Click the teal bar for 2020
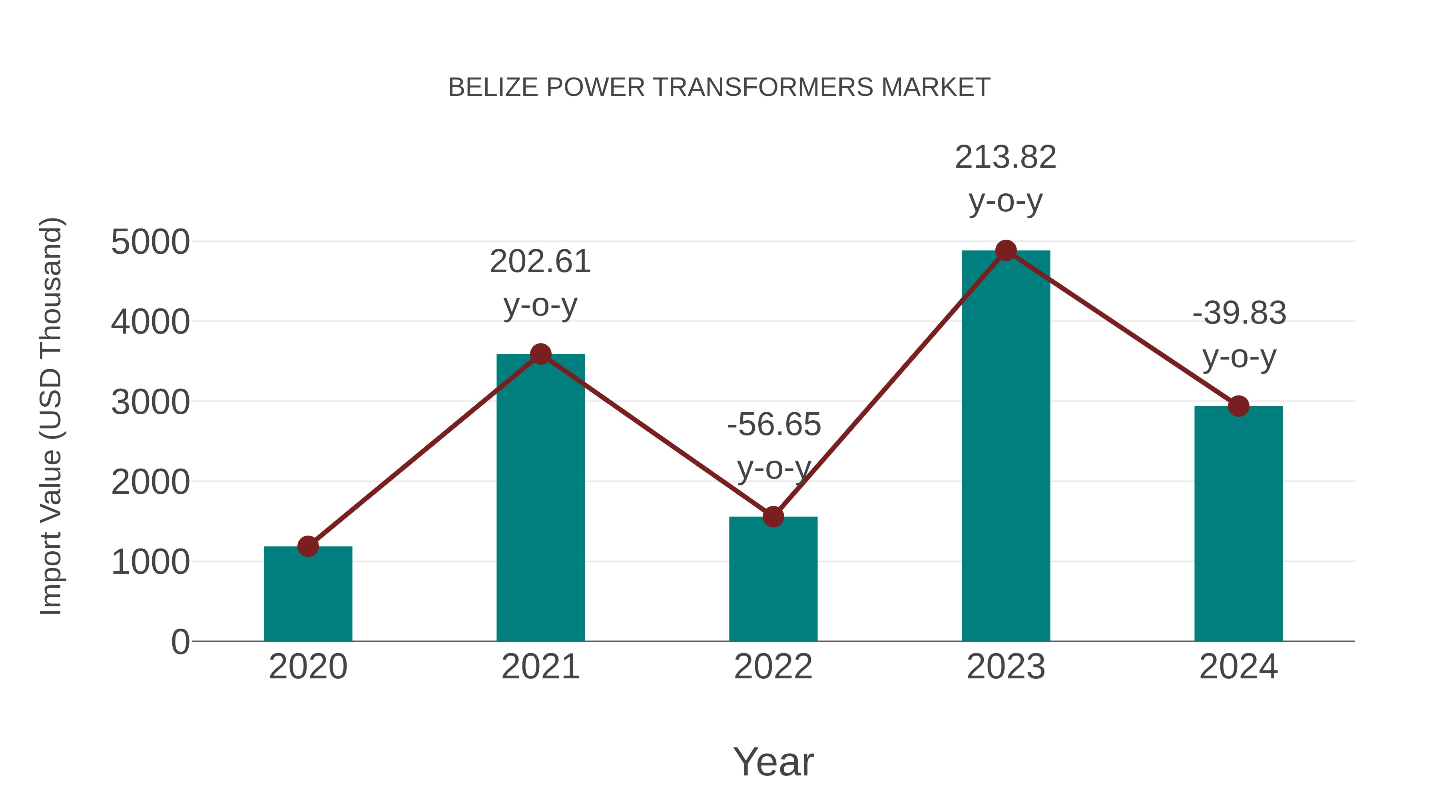pos(308,594)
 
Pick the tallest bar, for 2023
pos(1006,447)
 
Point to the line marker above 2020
pos(308,546)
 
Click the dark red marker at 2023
pos(1006,250)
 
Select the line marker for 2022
pos(773,517)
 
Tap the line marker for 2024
pos(1238,406)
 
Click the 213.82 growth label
pos(1006,157)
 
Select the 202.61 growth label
pos(540,262)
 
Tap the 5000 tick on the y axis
pos(150,243)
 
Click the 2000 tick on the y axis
pos(150,482)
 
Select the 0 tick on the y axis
pos(180,642)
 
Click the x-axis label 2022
pos(773,667)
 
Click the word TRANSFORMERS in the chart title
pos(763,87)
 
